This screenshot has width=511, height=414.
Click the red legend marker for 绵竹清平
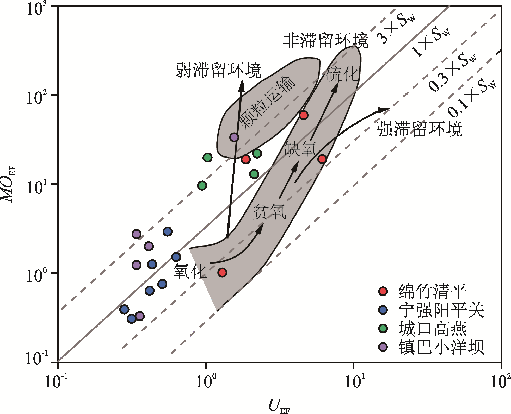pyautogui.click(x=383, y=291)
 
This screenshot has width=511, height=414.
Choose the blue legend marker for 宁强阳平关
pyautogui.click(x=383, y=310)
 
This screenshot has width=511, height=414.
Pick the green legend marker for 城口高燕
pyautogui.click(x=383, y=328)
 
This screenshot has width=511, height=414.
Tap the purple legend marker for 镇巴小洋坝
pyautogui.click(x=383, y=347)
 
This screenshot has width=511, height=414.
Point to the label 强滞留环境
pyautogui.click(x=420, y=129)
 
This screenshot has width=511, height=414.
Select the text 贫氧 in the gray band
pyautogui.click(x=269, y=211)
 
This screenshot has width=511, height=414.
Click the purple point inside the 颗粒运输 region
pyautogui.click(x=234, y=137)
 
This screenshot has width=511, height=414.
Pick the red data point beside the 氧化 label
pyautogui.click(x=222, y=273)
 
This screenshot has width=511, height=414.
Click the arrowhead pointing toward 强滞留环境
pyautogui.click(x=385, y=110)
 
